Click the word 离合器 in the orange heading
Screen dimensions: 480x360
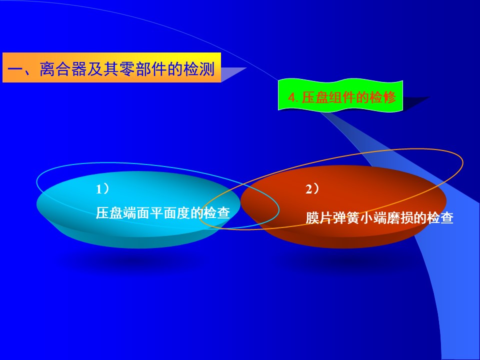coord(63,68)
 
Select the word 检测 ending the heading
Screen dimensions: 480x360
coord(198,68)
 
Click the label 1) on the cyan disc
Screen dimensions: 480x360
coord(102,189)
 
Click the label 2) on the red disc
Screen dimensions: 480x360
coord(312,189)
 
